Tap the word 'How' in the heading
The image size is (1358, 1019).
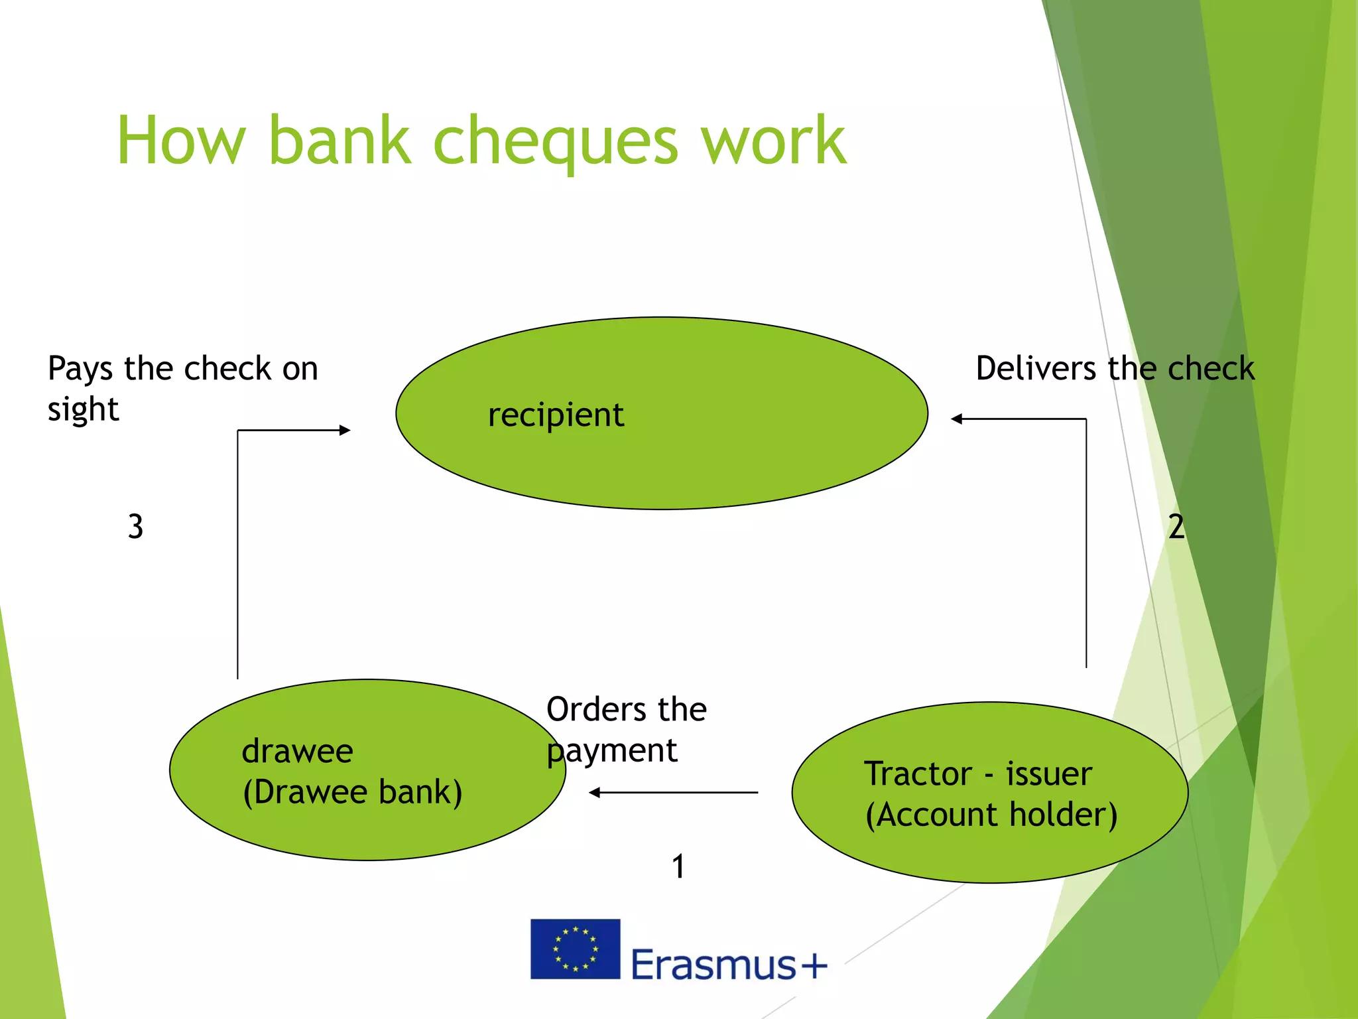(x=181, y=141)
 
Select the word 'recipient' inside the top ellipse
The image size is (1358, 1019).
(x=556, y=416)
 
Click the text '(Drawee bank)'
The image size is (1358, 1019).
(x=352, y=792)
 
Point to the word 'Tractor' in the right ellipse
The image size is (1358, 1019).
(x=918, y=774)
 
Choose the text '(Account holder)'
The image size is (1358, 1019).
(x=991, y=815)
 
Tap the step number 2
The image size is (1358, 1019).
(x=1176, y=527)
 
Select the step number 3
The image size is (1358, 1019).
(x=135, y=527)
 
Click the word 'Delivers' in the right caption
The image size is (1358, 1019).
(x=1035, y=369)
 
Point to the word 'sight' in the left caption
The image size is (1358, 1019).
(x=83, y=410)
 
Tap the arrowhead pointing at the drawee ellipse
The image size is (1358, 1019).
(x=594, y=793)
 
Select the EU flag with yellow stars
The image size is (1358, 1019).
(x=575, y=949)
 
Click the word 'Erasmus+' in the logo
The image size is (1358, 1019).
(x=728, y=965)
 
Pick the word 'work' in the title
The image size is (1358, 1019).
(x=773, y=141)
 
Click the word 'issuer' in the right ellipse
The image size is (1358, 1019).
(x=1048, y=774)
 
